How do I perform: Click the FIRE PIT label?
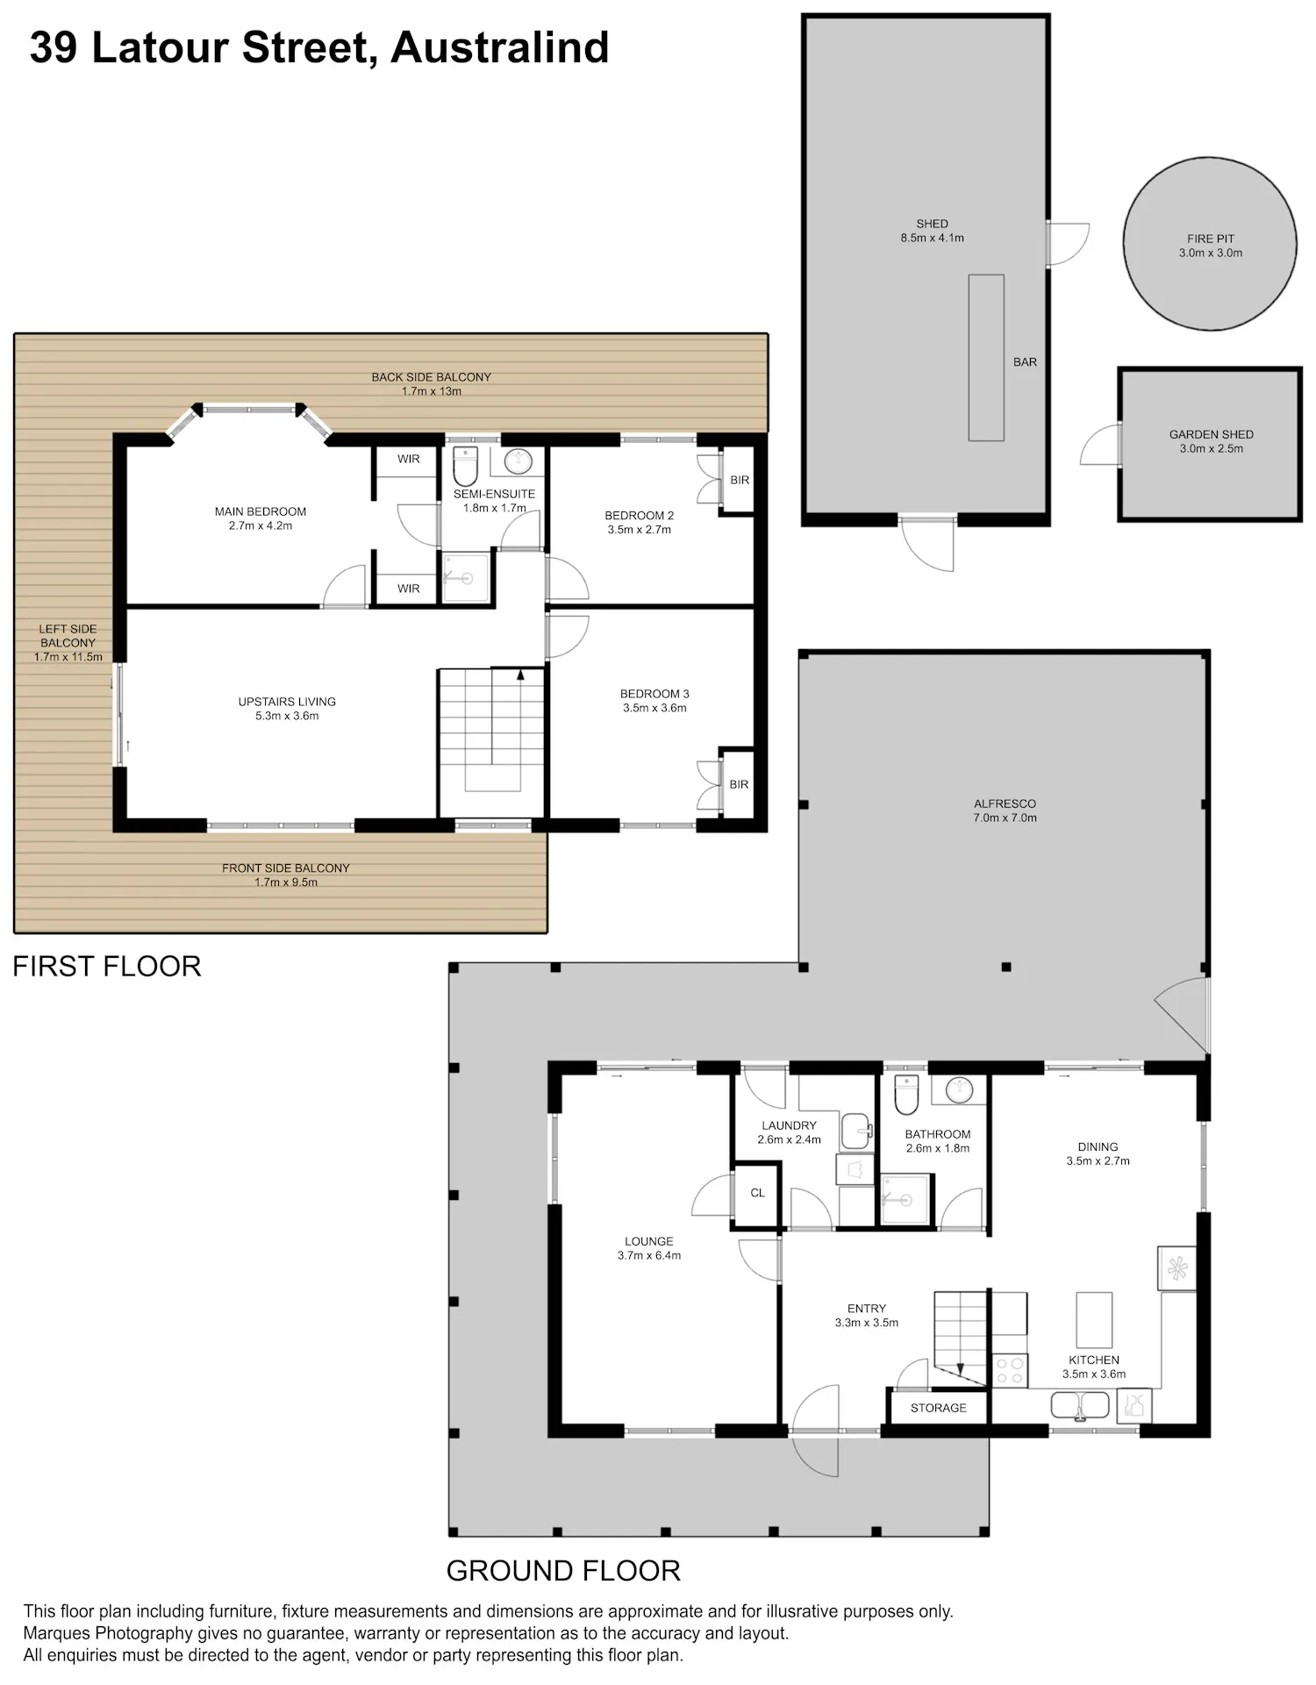pos(1211,239)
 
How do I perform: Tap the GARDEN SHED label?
pos(1211,434)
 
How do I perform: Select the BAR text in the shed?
pos(1025,361)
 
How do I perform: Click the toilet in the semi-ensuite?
pos(465,466)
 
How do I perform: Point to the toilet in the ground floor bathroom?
pos(905,1094)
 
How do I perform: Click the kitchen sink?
pos(1081,1406)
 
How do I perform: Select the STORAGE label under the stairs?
pos(938,1408)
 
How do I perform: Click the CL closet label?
pos(757,1193)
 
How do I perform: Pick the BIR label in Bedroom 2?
pos(740,480)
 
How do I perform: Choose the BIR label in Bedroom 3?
pos(739,784)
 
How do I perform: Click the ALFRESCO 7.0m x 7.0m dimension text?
pos(1005,818)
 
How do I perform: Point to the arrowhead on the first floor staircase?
pos(520,675)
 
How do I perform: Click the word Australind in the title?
pos(500,47)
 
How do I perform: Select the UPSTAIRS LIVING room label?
pos(287,702)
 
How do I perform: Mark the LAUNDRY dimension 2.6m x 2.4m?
pos(789,1139)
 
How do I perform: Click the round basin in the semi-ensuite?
pos(518,461)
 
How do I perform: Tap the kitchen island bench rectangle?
pos(1094,1319)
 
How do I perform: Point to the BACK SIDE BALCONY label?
pos(431,377)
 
